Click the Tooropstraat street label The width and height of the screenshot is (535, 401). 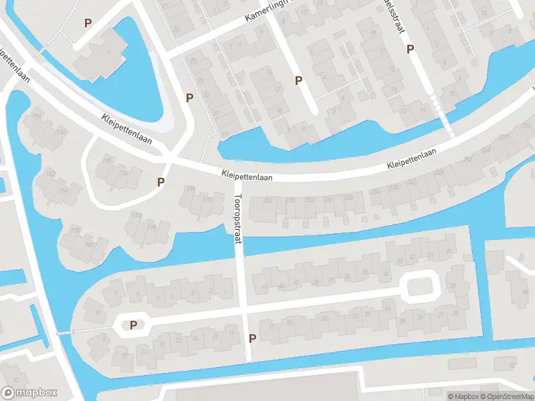point(238,217)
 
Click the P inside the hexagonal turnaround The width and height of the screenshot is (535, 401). point(134,325)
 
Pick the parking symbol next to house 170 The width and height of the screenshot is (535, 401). point(160,182)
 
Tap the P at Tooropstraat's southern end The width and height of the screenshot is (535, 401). point(252,338)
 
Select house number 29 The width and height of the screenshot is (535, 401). point(454,287)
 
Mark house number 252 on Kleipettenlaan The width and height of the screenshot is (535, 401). point(466,159)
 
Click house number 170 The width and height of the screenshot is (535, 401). point(107,160)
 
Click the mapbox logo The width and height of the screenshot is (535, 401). point(29,393)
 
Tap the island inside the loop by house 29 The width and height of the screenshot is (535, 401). point(421,287)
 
